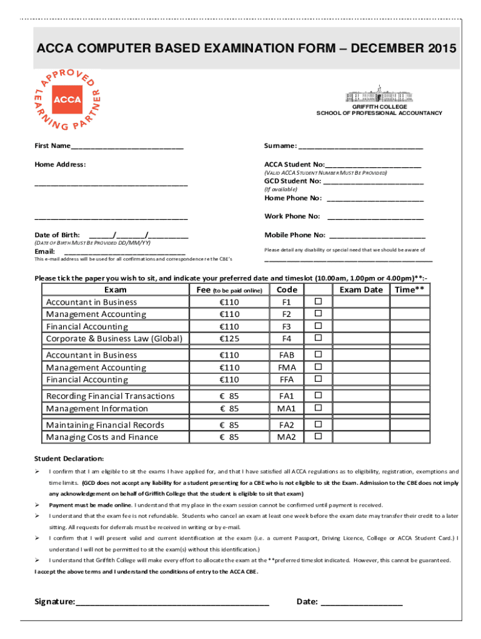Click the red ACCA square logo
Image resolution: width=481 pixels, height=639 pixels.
click(x=67, y=99)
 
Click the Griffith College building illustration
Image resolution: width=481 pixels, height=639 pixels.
click(x=379, y=94)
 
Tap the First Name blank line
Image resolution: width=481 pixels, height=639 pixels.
click(x=127, y=148)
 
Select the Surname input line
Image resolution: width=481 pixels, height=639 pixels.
click(x=360, y=148)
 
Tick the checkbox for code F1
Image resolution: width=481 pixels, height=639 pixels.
click(x=317, y=302)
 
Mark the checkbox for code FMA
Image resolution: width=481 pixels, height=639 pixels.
click(x=317, y=367)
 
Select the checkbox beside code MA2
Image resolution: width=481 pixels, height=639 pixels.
click(x=317, y=437)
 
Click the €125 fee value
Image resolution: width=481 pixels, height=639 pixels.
click(x=229, y=339)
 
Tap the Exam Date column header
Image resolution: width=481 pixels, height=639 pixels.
click(x=360, y=290)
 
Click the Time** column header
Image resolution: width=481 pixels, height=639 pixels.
click(x=409, y=290)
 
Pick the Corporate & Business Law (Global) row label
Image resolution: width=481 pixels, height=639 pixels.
click(x=114, y=339)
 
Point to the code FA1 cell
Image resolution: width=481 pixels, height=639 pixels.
click(x=287, y=396)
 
